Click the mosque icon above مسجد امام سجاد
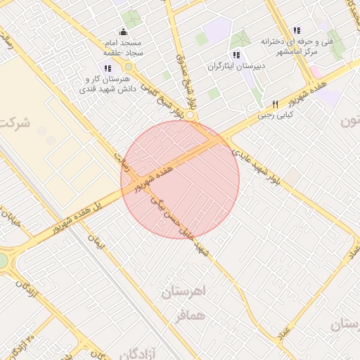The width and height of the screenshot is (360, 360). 124,32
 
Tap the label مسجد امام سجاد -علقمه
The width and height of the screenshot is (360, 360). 123,46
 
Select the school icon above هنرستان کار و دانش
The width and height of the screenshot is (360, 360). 107,68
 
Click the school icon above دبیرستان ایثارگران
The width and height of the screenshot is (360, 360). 236,55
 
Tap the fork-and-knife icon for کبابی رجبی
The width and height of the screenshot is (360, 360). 275,104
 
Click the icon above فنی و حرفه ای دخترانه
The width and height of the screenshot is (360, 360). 297,30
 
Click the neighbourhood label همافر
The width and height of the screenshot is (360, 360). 191,316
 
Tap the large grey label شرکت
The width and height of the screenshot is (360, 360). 15,124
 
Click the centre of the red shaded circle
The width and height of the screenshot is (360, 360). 180,179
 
